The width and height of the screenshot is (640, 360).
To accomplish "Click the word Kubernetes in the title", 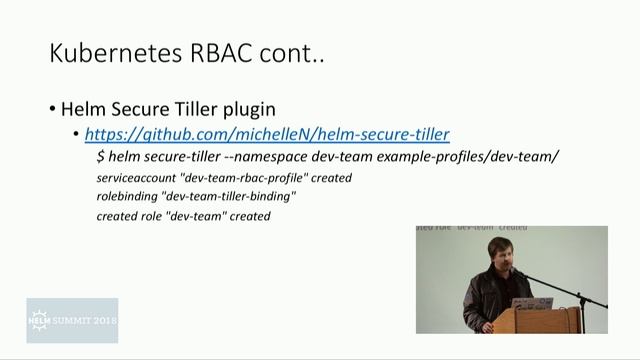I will pyautogui.click(x=109, y=54).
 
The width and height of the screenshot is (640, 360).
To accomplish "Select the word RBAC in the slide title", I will pyautogui.click(x=218, y=54).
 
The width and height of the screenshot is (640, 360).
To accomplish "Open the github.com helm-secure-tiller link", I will pyautogui.click(x=267, y=134).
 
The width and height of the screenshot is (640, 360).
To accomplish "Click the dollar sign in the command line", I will pyautogui.click(x=101, y=157).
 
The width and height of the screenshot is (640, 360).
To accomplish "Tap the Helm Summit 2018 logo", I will pyautogui.click(x=72, y=320).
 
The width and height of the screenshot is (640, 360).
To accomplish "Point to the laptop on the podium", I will pyautogui.click(x=524, y=299).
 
